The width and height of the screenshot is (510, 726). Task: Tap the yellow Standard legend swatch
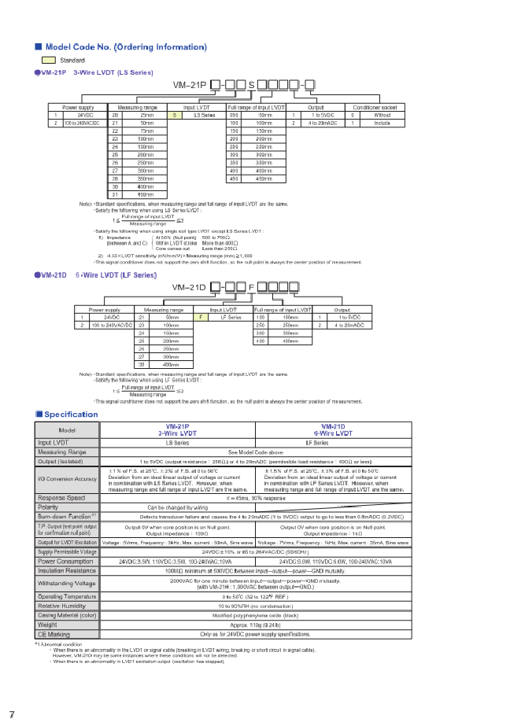(48, 61)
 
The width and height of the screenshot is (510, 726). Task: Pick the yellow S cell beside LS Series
(174, 115)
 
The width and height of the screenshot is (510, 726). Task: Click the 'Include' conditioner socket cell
(383, 123)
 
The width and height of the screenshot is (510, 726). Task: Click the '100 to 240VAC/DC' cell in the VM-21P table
(82, 123)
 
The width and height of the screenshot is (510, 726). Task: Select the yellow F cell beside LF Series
(201, 316)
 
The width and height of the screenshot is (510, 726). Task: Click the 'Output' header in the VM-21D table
(342, 309)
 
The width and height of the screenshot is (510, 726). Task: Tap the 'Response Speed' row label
(61, 498)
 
